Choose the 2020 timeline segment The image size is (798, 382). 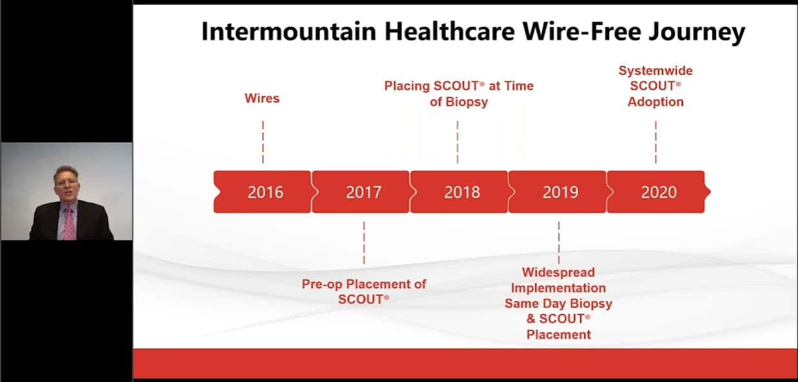click(x=657, y=192)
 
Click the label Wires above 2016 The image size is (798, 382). click(x=262, y=99)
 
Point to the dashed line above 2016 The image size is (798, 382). click(x=263, y=142)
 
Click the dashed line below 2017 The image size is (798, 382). click(x=364, y=243)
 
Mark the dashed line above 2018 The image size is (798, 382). click(x=457, y=142)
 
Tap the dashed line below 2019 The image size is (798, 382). click(x=559, y=243)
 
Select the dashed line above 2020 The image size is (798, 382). click(x=655, y=142)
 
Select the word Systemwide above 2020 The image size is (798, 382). click(x=655, y=70)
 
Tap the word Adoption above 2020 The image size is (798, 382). click(x=655, y=102)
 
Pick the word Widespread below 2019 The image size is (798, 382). click(x=558, y=272)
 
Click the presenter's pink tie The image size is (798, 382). click(x=68, y=223)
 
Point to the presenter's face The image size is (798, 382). click(x=66, y=181)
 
